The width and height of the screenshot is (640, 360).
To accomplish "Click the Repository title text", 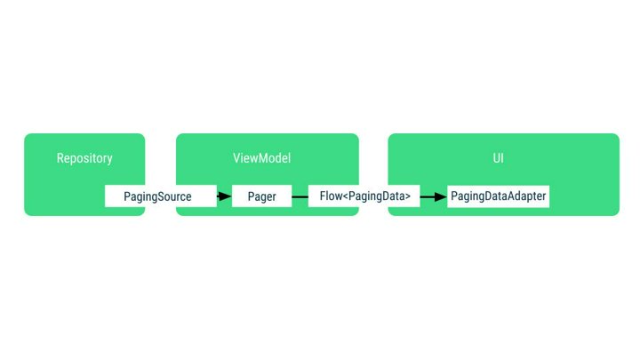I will [84, 158].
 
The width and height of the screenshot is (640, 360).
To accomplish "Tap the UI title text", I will [503, 158].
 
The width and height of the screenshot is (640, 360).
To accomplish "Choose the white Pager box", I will [261, 196].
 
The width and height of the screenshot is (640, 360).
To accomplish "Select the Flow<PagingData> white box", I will [364, 196].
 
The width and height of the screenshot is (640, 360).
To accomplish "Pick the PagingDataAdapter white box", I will [498, 196].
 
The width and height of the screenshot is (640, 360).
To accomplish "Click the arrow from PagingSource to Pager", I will [224, 196].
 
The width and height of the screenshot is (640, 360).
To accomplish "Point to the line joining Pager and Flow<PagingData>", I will [300, 196].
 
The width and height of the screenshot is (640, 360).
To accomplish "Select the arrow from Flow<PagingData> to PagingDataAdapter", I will [433, 196].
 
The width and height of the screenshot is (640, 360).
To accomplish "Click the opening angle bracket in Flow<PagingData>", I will [344, 196].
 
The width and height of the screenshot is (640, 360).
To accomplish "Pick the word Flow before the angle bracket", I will [330, 196].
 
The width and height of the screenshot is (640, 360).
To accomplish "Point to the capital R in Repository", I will [60, 158].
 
